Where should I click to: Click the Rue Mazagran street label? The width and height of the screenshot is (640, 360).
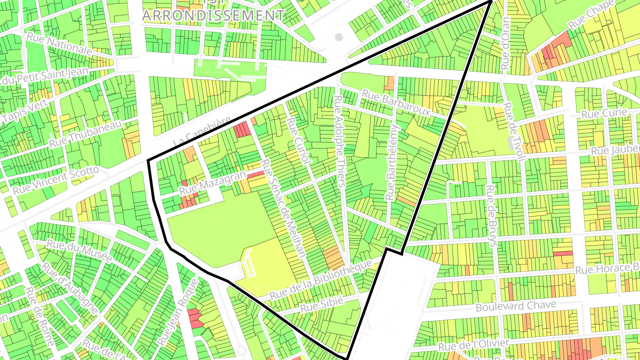pyautogui.click(x=212, y=183)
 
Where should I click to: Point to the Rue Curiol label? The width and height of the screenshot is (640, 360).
pyautogui.click(x=297, y=141)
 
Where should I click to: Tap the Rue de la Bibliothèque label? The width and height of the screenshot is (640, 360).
pyautogui.click(x=321, y=280)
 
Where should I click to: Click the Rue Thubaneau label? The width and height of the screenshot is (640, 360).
pyautogui.click(x=85, y=135)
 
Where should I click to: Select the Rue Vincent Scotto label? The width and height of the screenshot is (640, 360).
pyautogui.click(x=56, y=180)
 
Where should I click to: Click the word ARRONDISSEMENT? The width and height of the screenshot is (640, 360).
pyautogui.click(x=213, y=15)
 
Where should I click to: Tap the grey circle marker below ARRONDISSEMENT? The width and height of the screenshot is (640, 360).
pyautogui.click(x=339, y=37)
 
